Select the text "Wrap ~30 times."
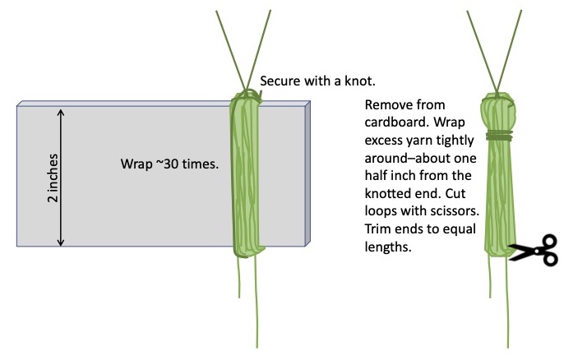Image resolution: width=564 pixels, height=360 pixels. tap(169, 164)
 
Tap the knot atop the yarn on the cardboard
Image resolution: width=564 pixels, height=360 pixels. tap(247, 97)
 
